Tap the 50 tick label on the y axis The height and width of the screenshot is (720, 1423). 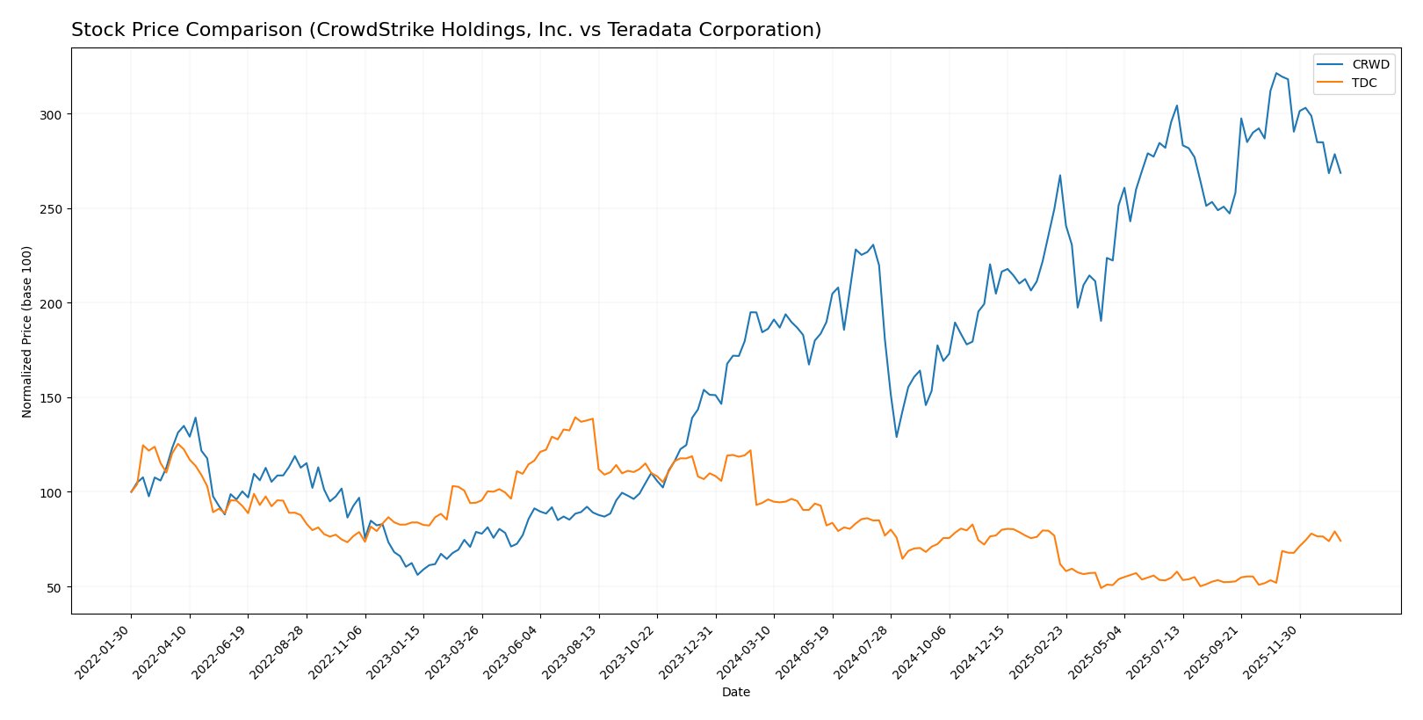(54, 587)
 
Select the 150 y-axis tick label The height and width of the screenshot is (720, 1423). (51, 398)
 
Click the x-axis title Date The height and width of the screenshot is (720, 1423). (735, 693)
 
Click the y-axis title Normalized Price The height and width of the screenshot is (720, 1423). (27, 331)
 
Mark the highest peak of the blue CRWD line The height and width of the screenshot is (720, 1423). (1276, 73)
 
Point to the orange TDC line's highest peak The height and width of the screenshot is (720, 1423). (575, 418)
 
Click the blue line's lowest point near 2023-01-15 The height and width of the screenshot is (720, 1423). (417, 574)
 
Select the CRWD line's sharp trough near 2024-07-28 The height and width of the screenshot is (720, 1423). (896, 437)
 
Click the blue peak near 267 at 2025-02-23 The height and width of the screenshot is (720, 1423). (1060, 175)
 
